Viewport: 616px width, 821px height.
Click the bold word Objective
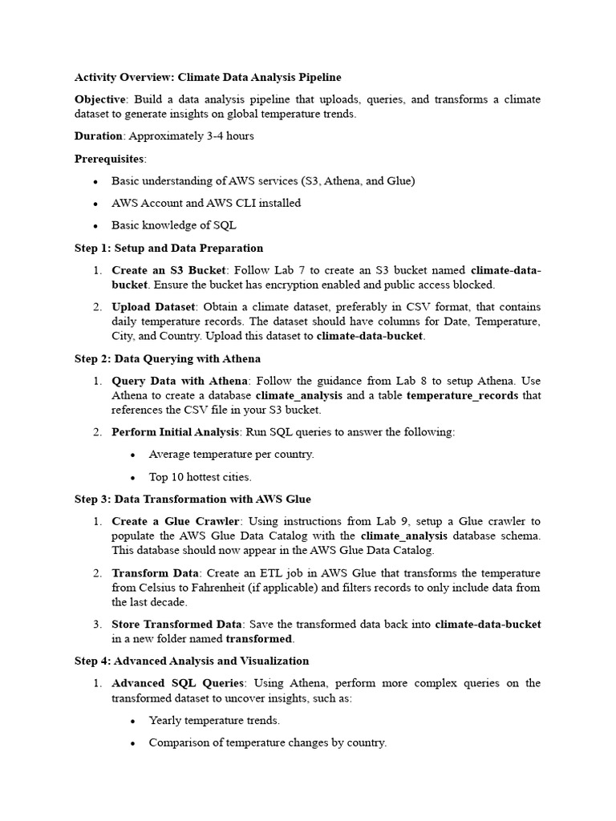(x=100, y=99)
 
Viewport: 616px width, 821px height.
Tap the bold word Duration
(x=99, y=135)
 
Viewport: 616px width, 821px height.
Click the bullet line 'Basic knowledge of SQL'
(x=173, y=225)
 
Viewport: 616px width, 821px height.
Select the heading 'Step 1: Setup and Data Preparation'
(x=168, y=248)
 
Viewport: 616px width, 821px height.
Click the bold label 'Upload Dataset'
(x=153, y=306)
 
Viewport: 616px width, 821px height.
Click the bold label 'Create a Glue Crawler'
(x=175, y=521)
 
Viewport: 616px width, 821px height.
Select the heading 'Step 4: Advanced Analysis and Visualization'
(x=191, y=661)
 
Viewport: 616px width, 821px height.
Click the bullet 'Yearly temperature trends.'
(x=214, y=720)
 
